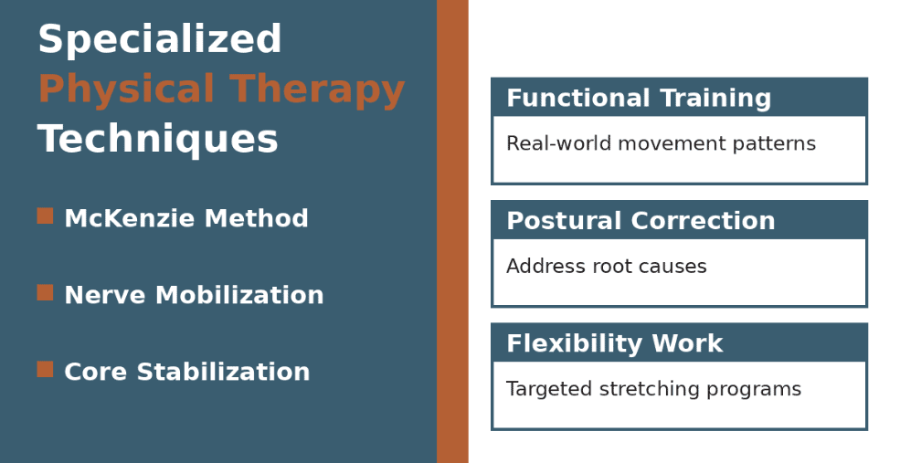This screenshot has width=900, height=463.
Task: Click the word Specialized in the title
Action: [159, 41]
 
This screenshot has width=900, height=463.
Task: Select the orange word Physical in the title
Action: [126, 90]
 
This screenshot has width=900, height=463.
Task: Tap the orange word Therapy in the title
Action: [317, 90]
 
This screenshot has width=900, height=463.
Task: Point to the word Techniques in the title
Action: [157, 140]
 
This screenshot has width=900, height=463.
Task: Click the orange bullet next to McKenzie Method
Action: [45, 216]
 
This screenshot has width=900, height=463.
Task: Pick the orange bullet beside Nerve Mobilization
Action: [45, 293]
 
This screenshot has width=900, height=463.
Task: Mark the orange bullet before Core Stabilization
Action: [45, 370]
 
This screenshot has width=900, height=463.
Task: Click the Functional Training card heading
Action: [639, 99]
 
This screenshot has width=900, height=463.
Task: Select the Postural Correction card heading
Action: [641, 221]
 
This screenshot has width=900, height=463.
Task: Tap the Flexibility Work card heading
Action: [614, 343]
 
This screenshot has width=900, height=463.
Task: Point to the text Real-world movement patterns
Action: [661, 144]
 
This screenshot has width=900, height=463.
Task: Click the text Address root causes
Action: [606, 267]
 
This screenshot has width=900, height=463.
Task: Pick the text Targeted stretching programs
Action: [653, 389]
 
